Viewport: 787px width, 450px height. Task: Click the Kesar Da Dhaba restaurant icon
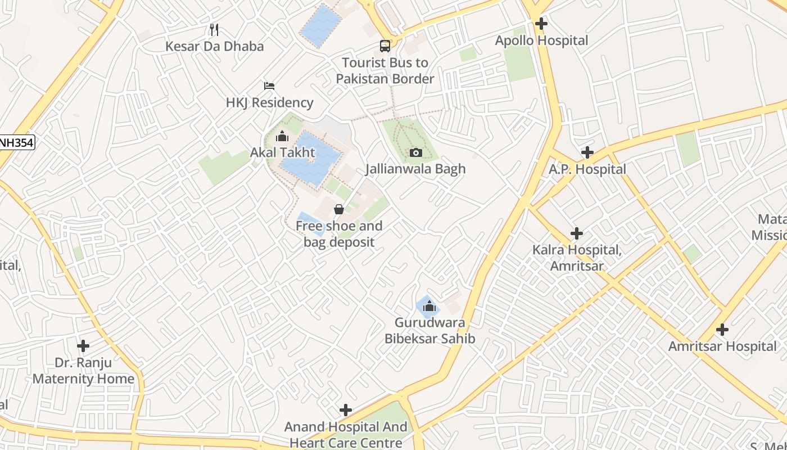point(214,29)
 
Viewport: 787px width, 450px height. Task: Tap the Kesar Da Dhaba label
point(214,46)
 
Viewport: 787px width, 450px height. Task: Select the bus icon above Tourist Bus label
point(385,46)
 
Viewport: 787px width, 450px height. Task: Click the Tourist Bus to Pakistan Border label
point(385,71)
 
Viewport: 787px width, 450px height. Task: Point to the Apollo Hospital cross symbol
point(541,24)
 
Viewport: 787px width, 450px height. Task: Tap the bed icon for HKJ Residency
point(269,86)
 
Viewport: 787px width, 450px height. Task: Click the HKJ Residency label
point(269,103)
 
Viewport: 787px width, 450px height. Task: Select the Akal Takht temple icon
point(282,136)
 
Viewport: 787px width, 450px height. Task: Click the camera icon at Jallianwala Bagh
point(415,152)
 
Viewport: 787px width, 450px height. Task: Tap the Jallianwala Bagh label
point(415,169)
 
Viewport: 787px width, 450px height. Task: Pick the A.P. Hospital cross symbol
point(587,152)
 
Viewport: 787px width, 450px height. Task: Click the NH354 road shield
point(16,143)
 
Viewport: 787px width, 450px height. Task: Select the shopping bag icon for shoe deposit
point(339,210)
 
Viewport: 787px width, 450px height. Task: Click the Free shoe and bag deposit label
point(339,234)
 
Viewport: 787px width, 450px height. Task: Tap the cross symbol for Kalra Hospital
point(577,233)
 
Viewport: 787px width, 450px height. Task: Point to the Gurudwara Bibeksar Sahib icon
point(429,306)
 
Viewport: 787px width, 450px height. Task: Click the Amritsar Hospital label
point(722,346)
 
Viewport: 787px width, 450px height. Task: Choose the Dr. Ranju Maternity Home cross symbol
point(83,346)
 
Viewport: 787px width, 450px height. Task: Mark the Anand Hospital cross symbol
point(346,410)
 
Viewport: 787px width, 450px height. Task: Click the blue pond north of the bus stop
point(320,25)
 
